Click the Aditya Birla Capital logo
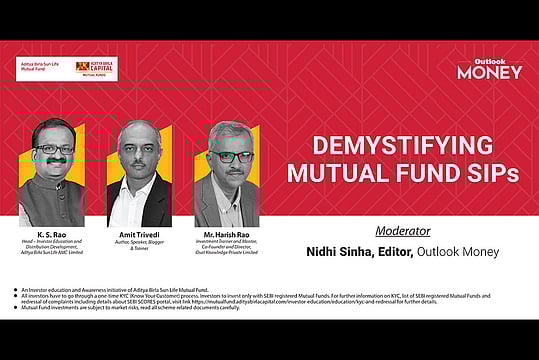coord(102,68)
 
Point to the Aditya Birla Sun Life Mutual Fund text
coord(41,67)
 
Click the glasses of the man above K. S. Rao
coord(54,149)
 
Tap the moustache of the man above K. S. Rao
coord(54,164)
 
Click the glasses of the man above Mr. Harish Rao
coord(229,157)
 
